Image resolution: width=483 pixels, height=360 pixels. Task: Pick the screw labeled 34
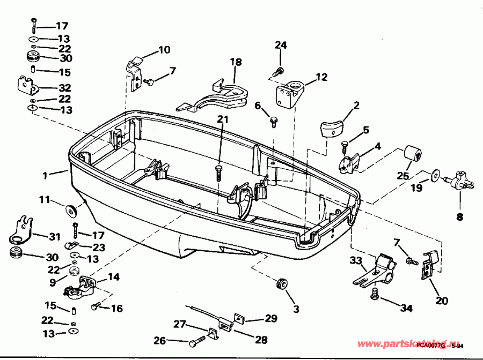click(376, 293)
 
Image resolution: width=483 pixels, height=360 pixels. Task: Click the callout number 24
click(281, 45)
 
